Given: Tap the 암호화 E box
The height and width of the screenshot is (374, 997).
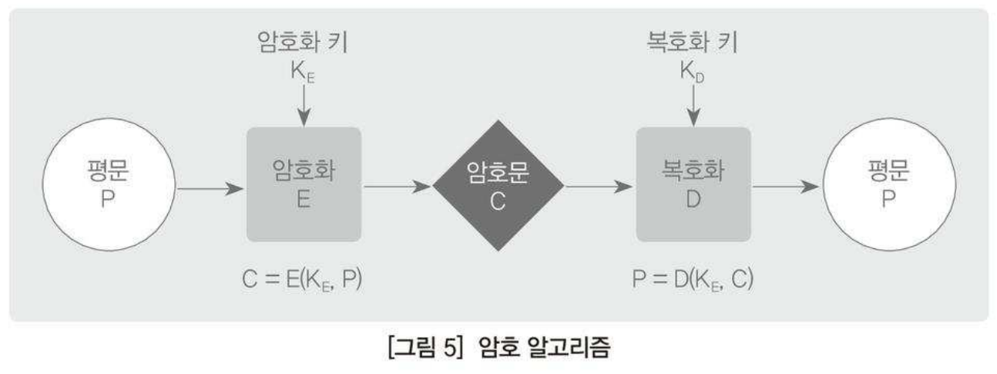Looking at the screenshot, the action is click(304, 185).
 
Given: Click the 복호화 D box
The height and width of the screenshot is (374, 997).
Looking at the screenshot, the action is click(693, 185).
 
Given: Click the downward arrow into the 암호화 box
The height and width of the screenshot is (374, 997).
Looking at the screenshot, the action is click(304, 104).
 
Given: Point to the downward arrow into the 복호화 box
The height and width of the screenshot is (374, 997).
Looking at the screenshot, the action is click(693, 104).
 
